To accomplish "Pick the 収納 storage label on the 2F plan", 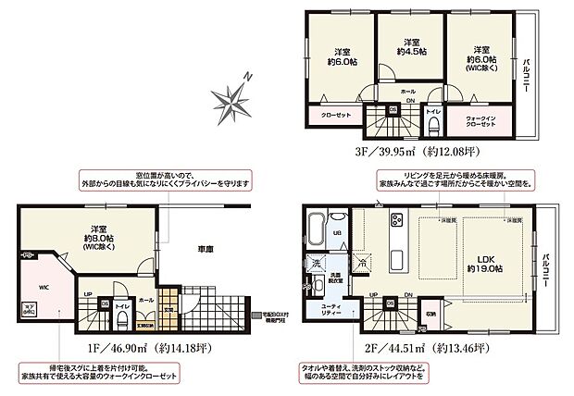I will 431,312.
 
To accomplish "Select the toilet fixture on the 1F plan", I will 122,319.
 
